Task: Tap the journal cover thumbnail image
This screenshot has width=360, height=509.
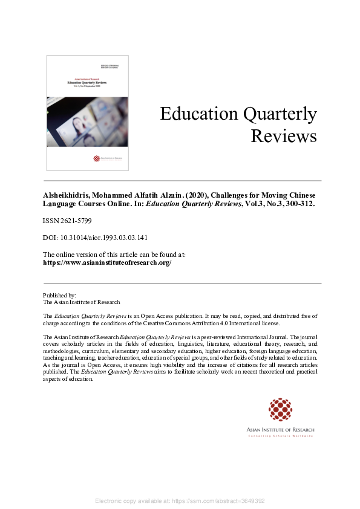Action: tap(87, 113)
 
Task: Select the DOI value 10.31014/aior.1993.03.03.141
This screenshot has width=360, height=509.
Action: tap(105, 238)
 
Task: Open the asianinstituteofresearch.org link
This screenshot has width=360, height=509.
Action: tap(107, 263)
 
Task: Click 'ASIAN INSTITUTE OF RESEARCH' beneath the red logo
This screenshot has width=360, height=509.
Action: tap(280, 430)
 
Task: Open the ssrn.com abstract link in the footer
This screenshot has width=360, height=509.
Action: tap(227, 501)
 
